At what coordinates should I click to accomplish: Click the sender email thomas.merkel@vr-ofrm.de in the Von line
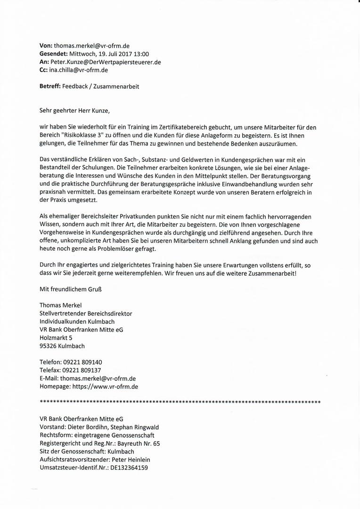tap(92, 46)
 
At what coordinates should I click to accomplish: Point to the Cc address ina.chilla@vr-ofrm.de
tap(78, 70)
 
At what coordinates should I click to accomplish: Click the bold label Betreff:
tap(50, 86)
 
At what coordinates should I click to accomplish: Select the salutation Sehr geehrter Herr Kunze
tap(74, 111)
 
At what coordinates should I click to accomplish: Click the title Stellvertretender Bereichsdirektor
tap(86, 313)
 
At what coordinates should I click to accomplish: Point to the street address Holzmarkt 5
tap(56, 338)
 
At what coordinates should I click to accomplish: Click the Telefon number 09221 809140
tap(82, 362)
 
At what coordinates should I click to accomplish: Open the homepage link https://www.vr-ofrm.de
tap(105, 386)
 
